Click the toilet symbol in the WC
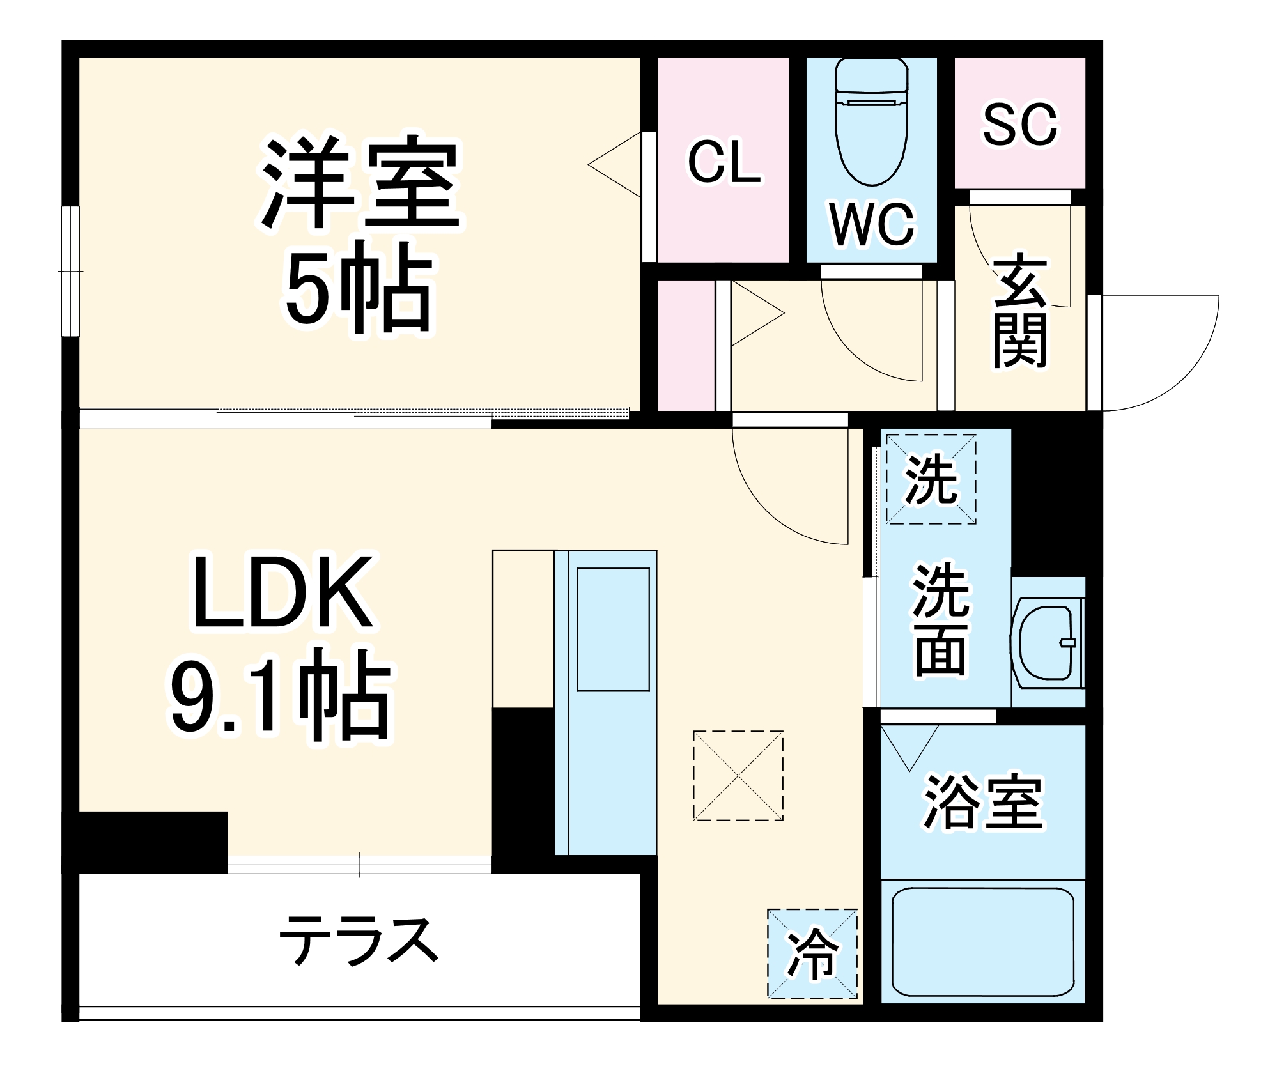[871, 121]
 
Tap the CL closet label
[724, 162]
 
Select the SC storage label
[1019, 125]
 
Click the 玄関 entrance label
[1019, 312]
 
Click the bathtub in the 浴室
[982, 941]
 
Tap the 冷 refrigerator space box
[812, 953]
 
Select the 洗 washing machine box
[931, 479]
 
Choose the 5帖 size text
[359, 289]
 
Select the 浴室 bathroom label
[983, 802]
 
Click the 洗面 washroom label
[941, 620]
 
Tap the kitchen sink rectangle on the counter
[613, 629]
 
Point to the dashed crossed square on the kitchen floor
[738, 775]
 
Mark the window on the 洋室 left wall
[70, 271]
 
